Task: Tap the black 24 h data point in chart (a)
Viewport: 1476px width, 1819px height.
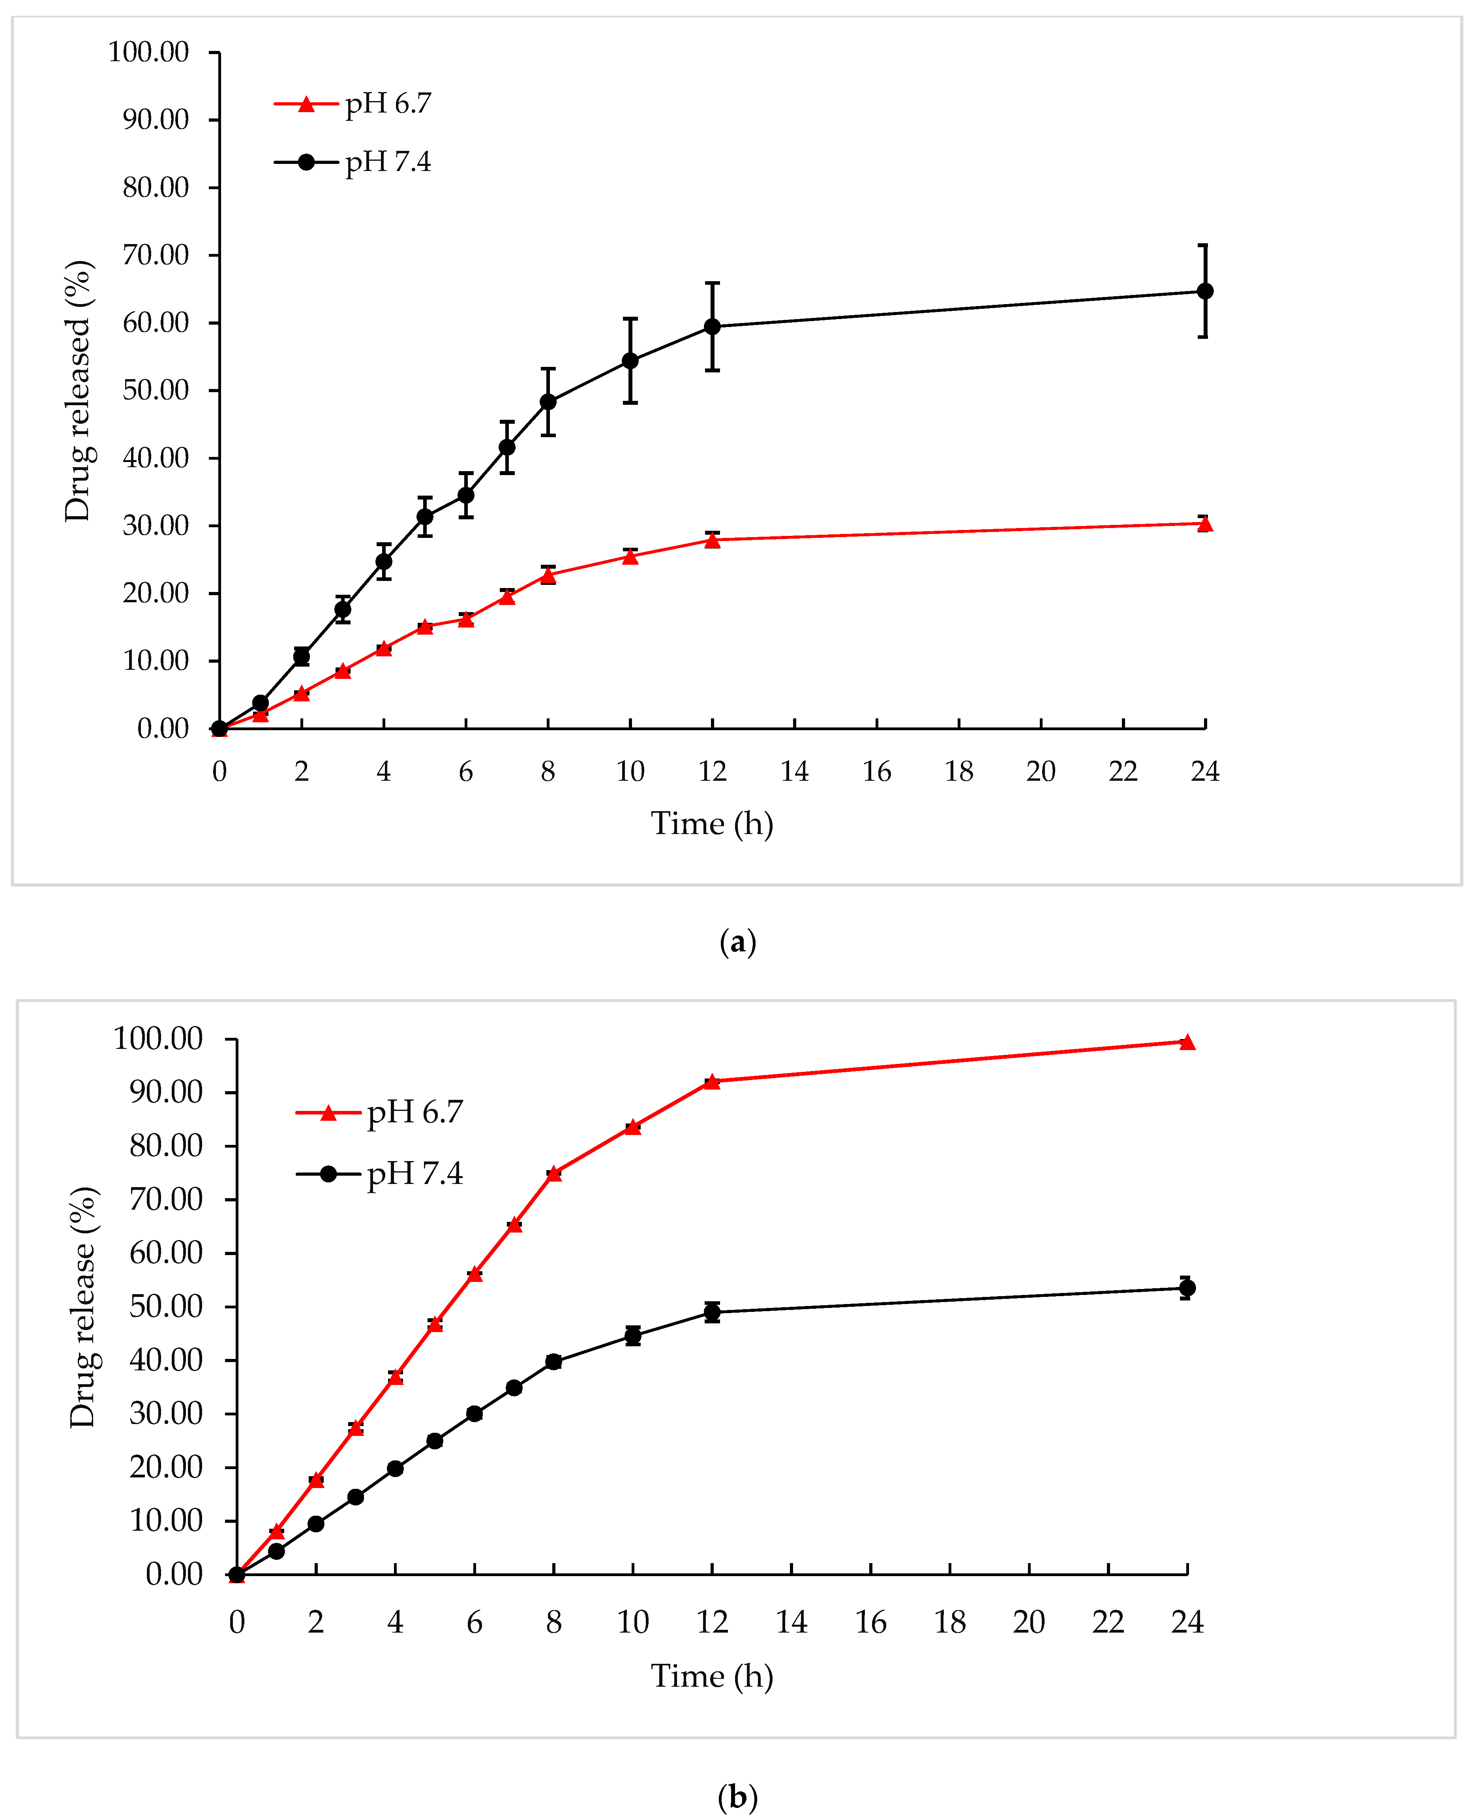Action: click(x=1205, y=291)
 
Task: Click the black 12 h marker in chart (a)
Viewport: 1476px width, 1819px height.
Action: click(x=713, y=327)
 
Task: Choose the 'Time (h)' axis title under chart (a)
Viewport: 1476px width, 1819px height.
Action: click(x=712, y=823)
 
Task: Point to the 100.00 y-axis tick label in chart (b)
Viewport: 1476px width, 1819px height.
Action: click(x=158, y=1038)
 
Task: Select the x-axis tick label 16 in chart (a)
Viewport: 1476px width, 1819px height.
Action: click(x=877, y=771)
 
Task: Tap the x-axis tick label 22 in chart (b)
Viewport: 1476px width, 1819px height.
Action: click(x=1108, y=1622)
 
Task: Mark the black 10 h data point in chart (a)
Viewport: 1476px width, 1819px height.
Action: click(x=630, y=361)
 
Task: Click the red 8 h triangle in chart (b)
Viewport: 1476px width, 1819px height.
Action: click(x=553, y=1174)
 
